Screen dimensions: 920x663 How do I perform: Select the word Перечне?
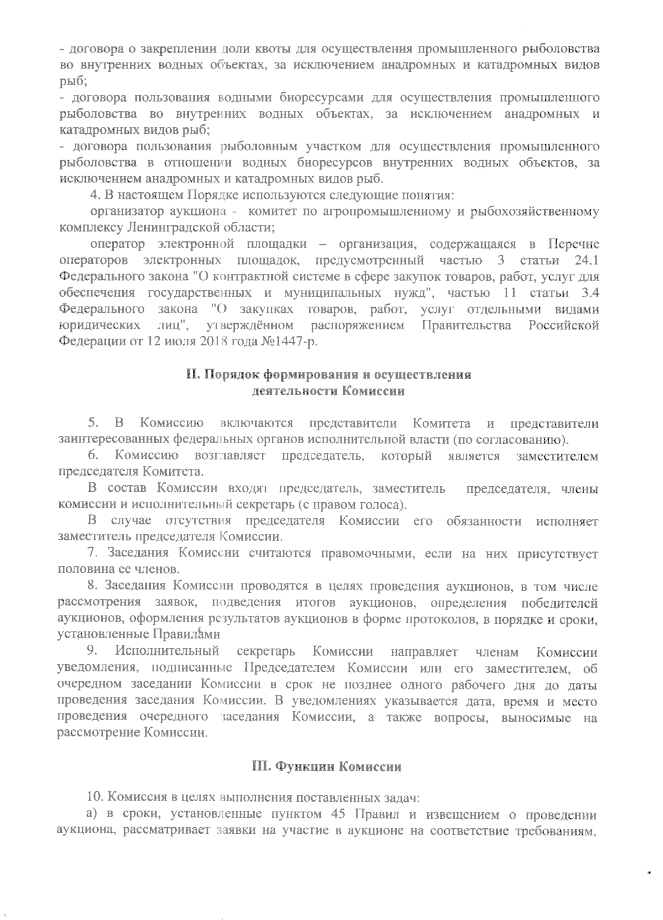coord(574,244)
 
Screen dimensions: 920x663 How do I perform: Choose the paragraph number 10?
coord(95,797)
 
